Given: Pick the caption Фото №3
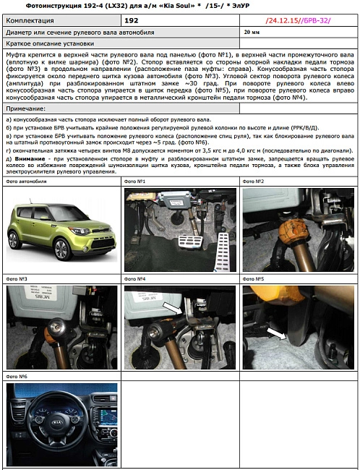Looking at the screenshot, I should click(x=17, y=278).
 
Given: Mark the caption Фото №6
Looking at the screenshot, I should click(x=17, y=376).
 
